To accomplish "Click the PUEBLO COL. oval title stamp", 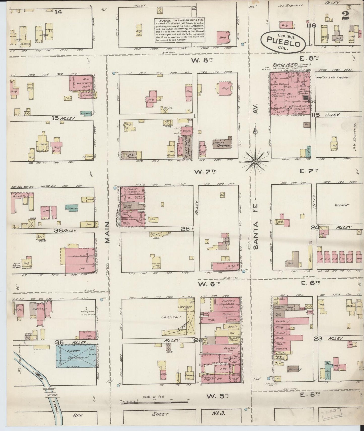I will [283, 41].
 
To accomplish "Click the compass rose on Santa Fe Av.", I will [255, 161].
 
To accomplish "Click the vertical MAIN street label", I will [108, 233].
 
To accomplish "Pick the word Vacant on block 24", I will [341, 205].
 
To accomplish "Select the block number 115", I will [315, 115].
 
